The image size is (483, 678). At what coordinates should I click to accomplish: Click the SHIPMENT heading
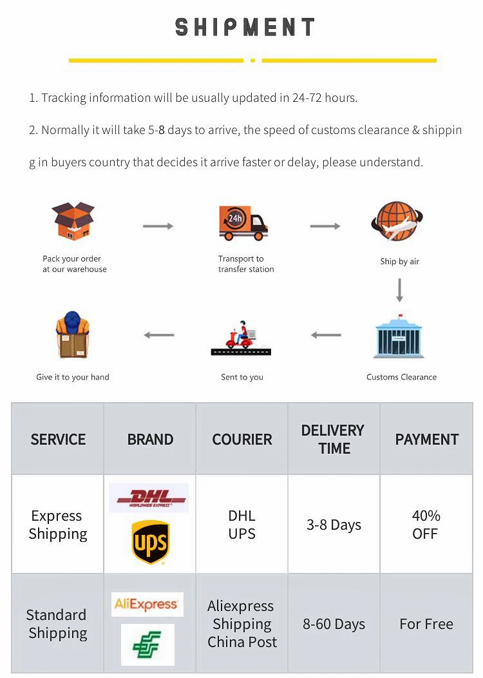coord(245,27)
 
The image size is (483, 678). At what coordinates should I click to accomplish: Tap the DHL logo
coord(149,498)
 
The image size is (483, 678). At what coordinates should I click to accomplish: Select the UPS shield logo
coord(150,542)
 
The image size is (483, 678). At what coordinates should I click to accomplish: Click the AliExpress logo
coord(147,604)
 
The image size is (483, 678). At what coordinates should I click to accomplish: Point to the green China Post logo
coord(147,644)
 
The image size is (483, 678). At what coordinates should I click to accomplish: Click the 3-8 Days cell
coord(334,525)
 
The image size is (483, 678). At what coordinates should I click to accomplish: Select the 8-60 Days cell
coord(334,624)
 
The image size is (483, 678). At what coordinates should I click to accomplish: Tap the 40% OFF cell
coord(426,525)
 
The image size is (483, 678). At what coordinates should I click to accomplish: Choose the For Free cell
coord(426,624)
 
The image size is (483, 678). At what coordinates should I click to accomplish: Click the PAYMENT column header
coord(426,440)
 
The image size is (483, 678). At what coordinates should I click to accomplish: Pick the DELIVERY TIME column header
coord(333,440)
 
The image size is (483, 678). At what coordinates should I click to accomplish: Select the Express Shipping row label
coord(57,525)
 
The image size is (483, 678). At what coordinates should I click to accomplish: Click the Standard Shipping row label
coord(57,624)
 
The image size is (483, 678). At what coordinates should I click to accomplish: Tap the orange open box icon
coord(73,221)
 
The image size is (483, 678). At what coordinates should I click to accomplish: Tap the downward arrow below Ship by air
coord(399,291)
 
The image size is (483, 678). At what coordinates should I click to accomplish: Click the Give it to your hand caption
coord(73,377)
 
